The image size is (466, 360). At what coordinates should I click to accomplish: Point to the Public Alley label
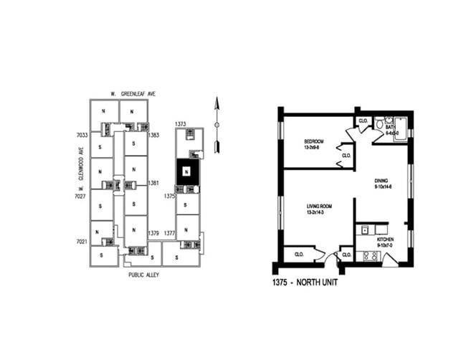coord(144,274)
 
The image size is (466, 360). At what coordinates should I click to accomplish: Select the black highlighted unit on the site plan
coord(187,172)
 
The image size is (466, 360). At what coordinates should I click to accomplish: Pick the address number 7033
coord(82,135)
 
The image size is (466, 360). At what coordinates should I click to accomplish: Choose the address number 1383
coord(153,135)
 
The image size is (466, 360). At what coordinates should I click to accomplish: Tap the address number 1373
coord(181,124)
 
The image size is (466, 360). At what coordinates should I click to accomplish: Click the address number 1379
coord(153,233)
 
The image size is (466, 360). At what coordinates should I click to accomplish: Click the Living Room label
coord(312,209)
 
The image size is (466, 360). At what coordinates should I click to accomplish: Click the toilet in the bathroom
coord(380,125)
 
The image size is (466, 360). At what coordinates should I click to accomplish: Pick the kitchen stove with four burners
coord(371,255)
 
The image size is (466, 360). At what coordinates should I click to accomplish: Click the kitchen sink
coord(365,230)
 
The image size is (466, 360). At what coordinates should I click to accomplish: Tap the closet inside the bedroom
coord(346,156)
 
